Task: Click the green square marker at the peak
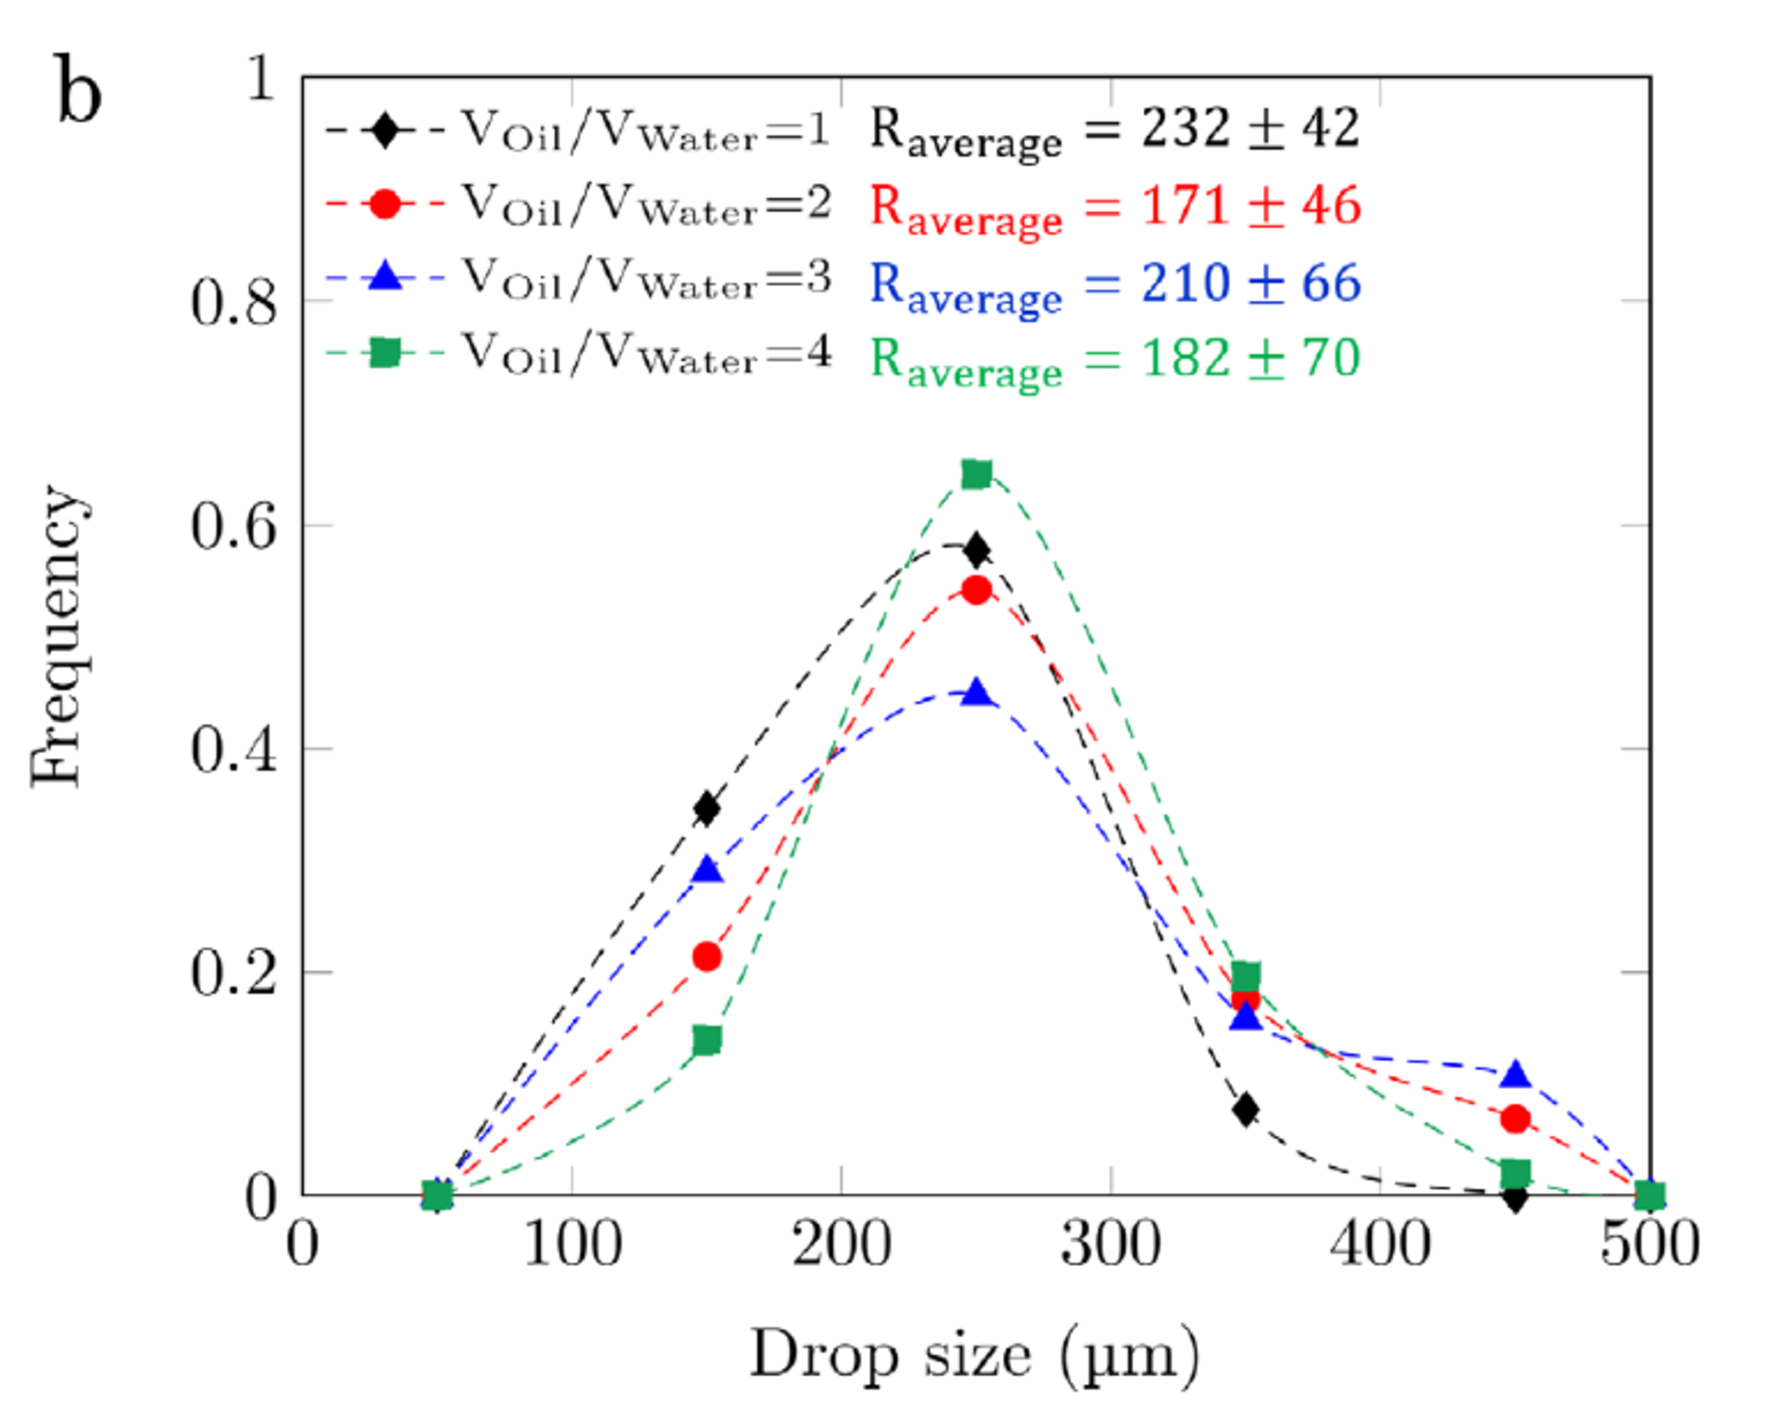click(x=976, y=475)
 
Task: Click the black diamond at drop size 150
click(x=706, y=808)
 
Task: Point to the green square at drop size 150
click(x=706, y=1039)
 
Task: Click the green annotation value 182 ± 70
click(x=1251, y=358)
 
